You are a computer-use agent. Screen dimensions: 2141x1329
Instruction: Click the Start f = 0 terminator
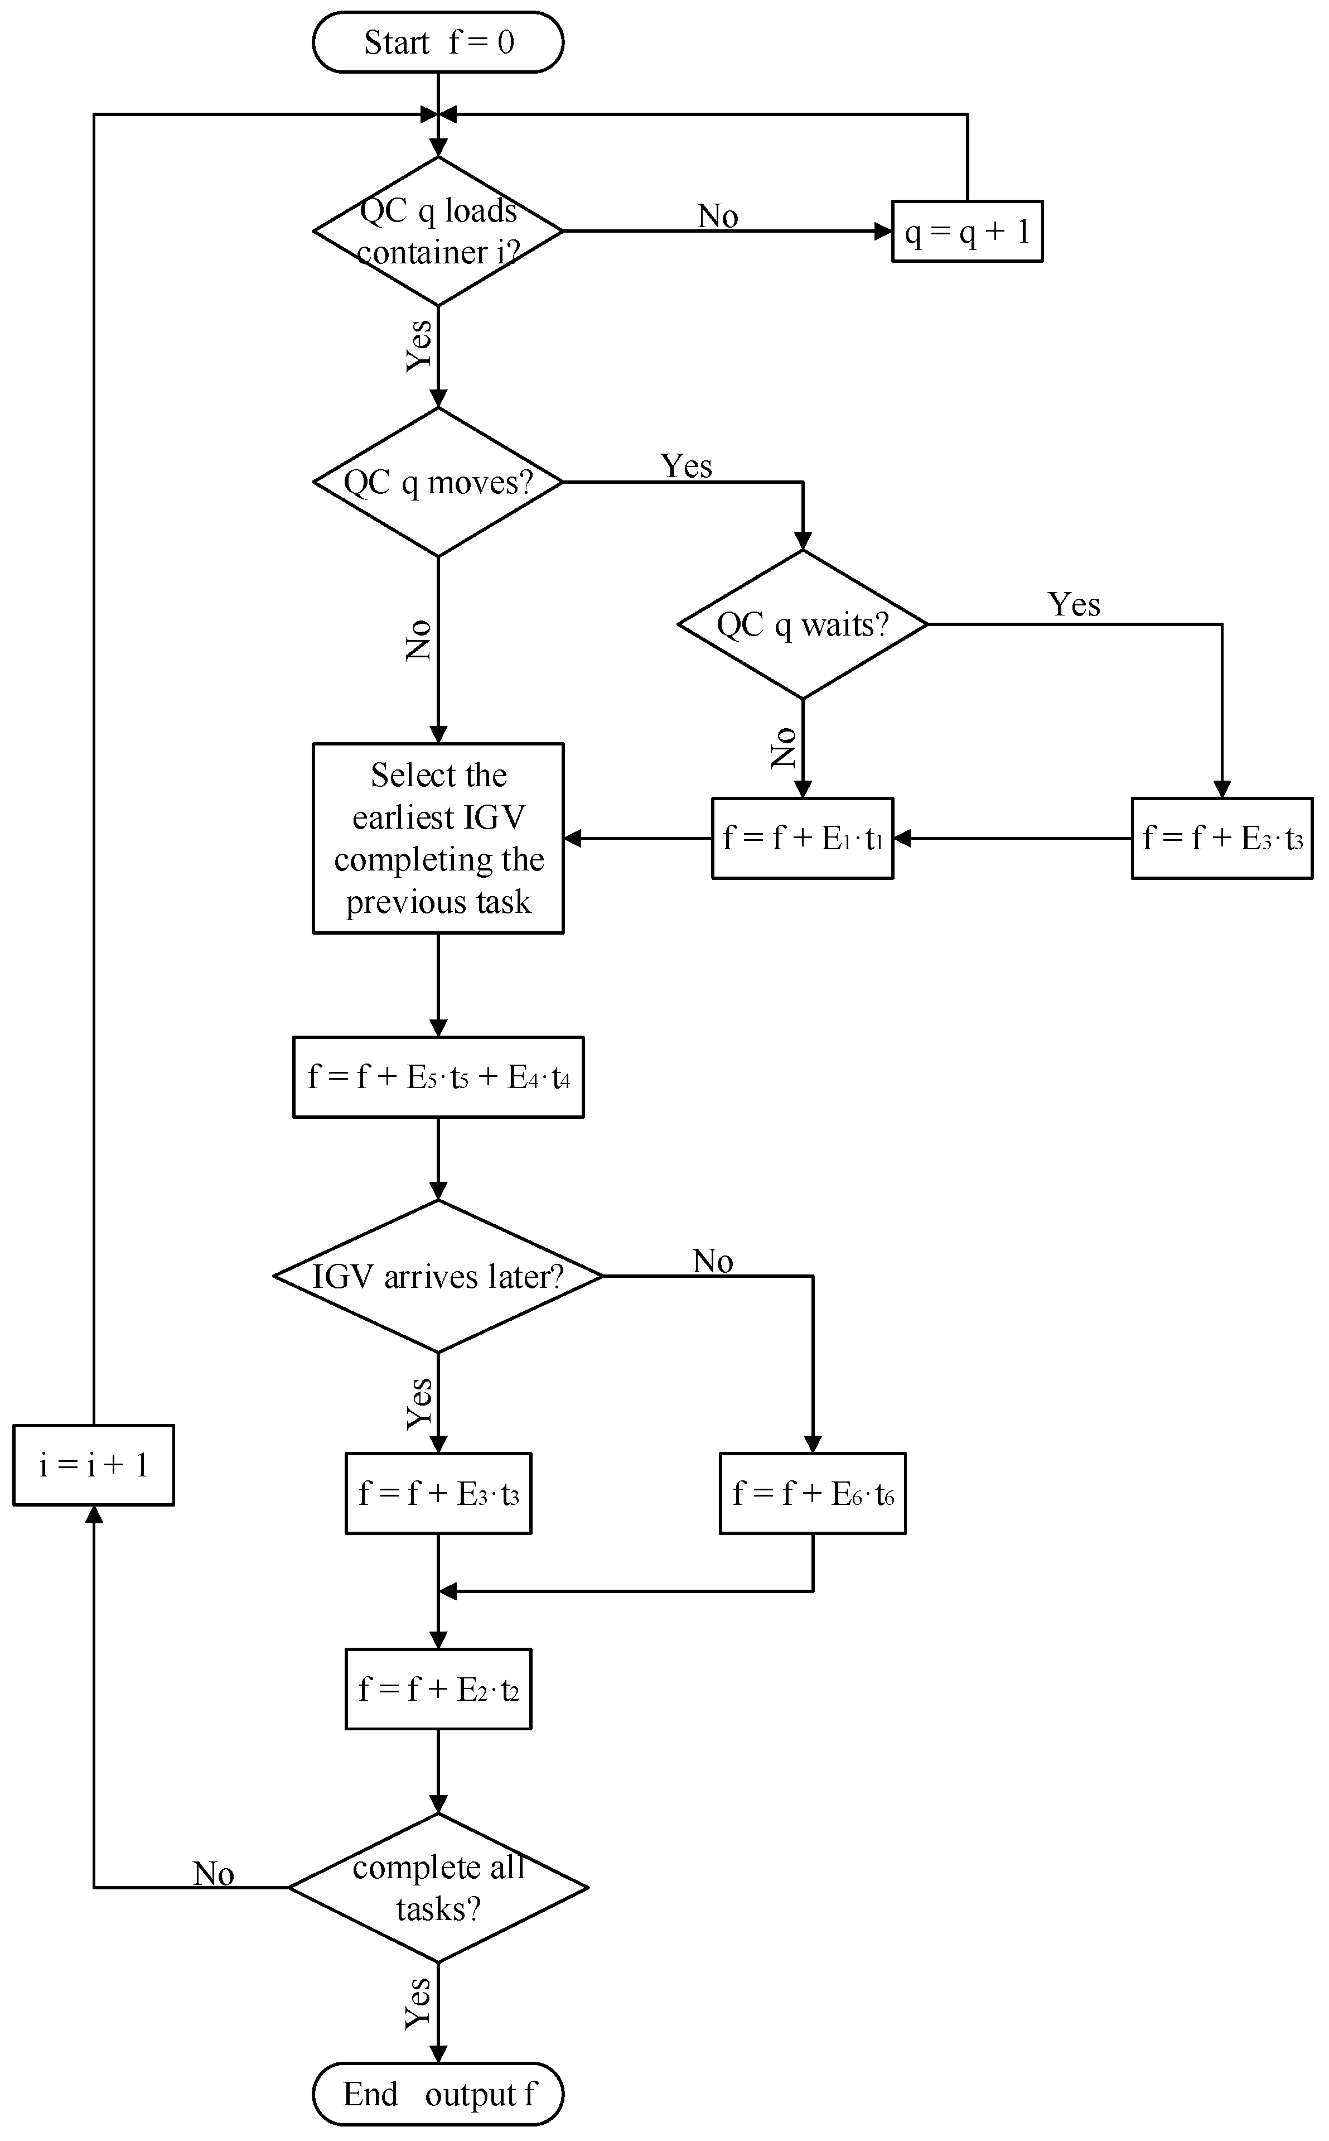[438, 42]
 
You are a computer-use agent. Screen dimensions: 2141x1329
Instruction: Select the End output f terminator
[438, 2094]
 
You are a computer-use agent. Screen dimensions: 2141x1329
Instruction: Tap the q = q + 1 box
[967, 231]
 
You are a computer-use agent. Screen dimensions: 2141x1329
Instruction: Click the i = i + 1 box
[93, 1465]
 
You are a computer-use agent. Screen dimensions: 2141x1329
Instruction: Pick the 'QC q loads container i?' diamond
[438, 231]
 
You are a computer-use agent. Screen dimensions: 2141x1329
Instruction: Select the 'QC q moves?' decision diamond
[438, 482]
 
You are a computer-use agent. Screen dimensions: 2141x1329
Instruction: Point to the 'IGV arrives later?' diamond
[438, 1276]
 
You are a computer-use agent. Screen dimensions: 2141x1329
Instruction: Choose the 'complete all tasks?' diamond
[438, 1887]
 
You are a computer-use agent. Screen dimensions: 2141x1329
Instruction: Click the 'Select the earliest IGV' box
[438, 838]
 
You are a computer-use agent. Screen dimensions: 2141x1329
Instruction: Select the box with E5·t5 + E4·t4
[438, 1077]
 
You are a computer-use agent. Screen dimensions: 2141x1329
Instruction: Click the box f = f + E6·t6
[812, 1493]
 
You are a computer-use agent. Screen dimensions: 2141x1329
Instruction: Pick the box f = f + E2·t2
[438, 1688]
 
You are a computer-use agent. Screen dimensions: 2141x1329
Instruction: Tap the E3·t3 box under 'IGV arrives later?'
[438, 1493]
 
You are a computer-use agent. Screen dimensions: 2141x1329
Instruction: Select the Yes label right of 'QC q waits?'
[1073, 605]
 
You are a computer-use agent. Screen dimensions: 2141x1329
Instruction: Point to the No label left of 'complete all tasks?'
[214, 1874]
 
